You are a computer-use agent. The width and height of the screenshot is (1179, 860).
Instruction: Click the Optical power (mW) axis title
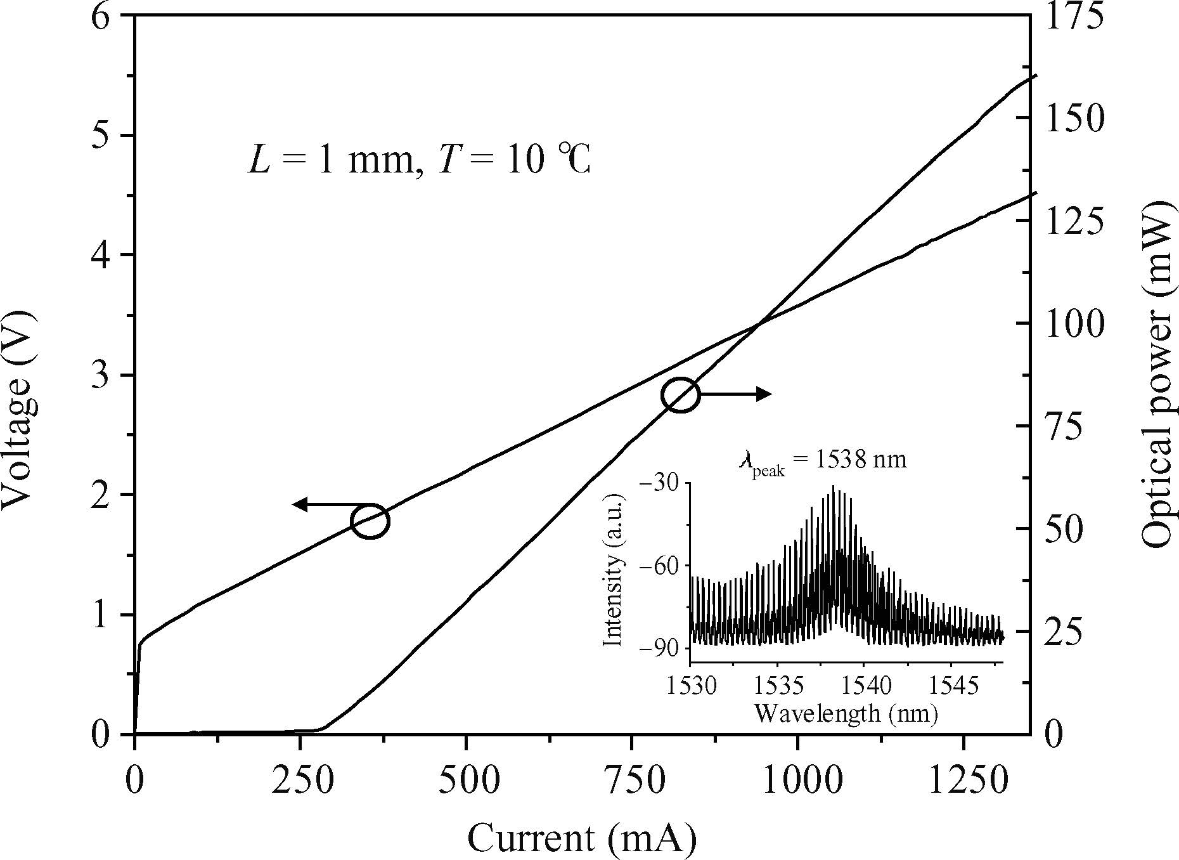[x=1158, y=374]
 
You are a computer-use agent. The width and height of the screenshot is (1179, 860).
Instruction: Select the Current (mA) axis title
[x=582, y=838]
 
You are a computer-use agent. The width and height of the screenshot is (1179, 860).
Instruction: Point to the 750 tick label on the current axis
[x=631, y=781]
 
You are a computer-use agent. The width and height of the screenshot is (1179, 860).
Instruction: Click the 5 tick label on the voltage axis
[x=101, y=135]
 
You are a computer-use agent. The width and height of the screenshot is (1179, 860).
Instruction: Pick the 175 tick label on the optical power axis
[x=1073, y=16]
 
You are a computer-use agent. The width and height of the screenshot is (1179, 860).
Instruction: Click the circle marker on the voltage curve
[x=370, y=521]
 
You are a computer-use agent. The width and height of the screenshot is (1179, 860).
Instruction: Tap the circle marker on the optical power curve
[x=680, y=394]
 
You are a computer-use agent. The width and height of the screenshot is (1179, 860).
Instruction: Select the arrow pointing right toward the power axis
[x=735, y=394]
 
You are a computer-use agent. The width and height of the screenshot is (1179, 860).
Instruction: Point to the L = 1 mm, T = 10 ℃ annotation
[x=418, y=160]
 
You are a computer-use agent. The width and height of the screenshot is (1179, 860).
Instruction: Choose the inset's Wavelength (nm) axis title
[x=846, y=714]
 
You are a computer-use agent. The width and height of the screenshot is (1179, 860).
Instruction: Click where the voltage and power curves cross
[x=759, y=325]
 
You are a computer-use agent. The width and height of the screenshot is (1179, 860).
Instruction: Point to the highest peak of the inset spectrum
[x=833, y=487]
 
